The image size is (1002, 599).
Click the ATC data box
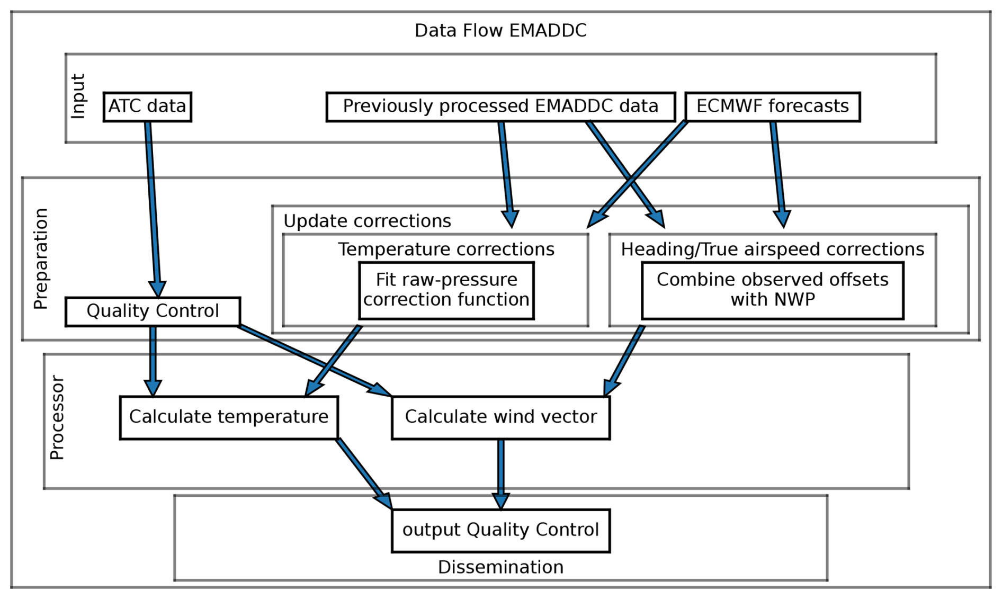pos(147,107)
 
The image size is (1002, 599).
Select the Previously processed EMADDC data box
pos(500,107)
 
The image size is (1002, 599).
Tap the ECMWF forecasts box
pos(772,107)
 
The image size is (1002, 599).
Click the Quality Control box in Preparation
pos(153,311)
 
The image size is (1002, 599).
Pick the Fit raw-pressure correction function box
pos(446,291)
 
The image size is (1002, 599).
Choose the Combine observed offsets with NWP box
pos(773,291)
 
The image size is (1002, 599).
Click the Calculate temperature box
pos(229,417)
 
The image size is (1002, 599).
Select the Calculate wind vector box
pos(500,417)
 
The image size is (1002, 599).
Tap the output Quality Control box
pos(500,531)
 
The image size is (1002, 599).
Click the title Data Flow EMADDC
pos(500,31)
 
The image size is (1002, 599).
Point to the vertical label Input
pos(78,96)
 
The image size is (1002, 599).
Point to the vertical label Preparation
pos(41,259)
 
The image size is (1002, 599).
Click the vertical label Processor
pos(57,418)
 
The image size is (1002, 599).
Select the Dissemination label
pos(500,567)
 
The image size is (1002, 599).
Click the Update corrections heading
pos(367,221)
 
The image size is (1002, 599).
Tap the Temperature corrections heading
pos(446,249)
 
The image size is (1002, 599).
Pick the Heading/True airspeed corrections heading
pos(773,249)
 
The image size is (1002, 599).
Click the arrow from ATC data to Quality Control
pos(153,209)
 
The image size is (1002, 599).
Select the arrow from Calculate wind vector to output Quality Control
pos(500,475)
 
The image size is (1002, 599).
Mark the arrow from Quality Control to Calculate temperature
pos(153,361)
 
